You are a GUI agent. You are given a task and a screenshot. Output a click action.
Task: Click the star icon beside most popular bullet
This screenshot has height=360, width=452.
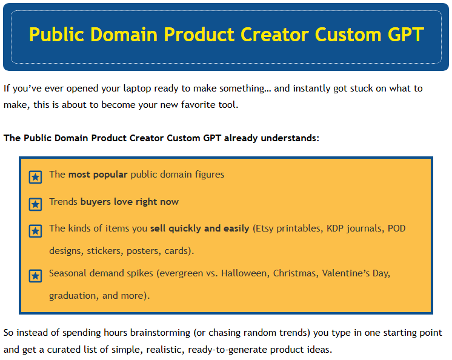(36, 177)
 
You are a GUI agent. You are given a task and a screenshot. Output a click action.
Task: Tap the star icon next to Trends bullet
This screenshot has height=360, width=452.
(36, 204)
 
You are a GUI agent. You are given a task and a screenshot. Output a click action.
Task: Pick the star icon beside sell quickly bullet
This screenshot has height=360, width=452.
(36, 231)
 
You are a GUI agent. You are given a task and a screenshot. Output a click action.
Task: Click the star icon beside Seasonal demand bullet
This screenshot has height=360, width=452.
(36, 276)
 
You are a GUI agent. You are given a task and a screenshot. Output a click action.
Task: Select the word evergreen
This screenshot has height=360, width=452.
(182, 273)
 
